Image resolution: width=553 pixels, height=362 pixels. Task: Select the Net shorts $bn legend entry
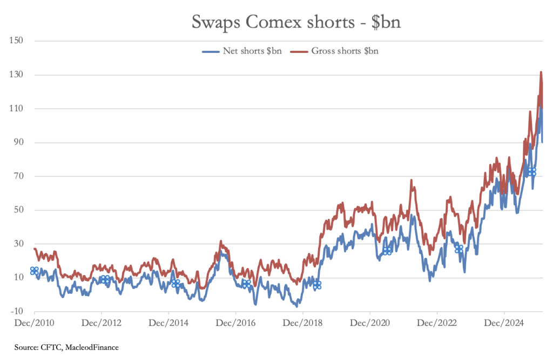click(242, 51)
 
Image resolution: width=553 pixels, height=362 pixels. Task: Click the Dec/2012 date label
click(101, 323)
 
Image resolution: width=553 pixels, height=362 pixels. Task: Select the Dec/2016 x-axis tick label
click(235, 323)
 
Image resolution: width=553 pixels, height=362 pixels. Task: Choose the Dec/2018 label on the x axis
click(302, 323)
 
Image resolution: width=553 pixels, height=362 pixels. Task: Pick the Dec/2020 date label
click(369, 323)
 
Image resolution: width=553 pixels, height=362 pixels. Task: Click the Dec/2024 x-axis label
click(504, 323)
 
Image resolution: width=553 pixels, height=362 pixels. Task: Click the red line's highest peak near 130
click(541, 72)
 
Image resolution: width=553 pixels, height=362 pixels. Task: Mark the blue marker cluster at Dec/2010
click(34, 271)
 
